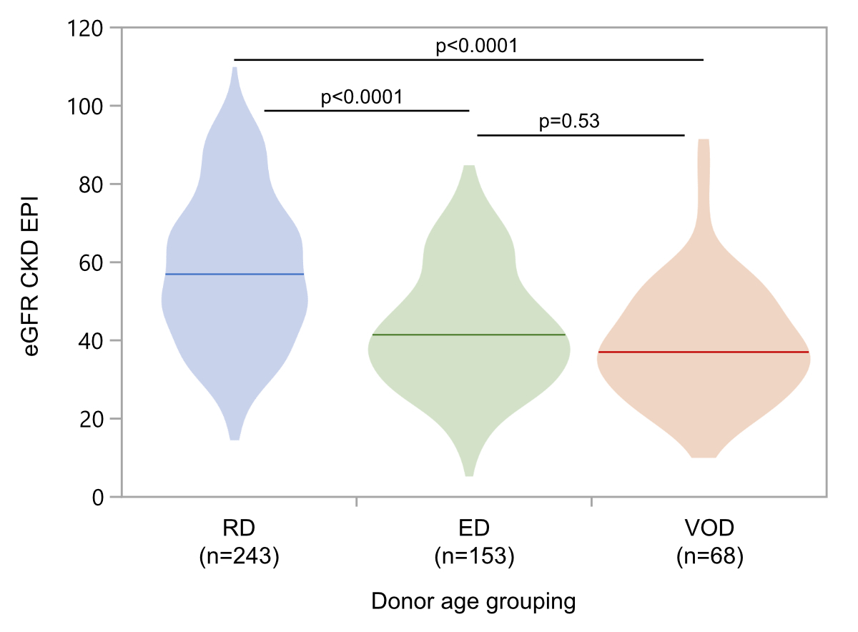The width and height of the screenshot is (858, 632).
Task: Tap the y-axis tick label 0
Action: (x=99, y=497)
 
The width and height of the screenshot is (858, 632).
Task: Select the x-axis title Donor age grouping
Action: (x=473, y=602)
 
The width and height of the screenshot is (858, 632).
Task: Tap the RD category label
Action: (x=239, y=530)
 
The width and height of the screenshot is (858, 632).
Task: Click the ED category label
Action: (x=474, y=530)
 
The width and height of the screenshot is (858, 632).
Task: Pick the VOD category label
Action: (x=709, y=530)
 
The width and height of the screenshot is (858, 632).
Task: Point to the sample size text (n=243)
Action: (x=239, y=556)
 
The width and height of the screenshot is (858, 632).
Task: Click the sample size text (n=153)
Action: (x=474, y=556)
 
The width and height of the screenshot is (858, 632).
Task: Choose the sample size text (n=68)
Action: (x=709, y=556)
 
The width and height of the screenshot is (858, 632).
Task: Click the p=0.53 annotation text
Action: (x=569, y=122)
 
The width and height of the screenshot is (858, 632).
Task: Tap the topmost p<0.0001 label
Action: (x=477, y=46)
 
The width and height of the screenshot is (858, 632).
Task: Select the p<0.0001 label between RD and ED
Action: (x=362, y=97)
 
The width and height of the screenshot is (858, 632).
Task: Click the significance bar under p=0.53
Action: (x=581, y=134)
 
